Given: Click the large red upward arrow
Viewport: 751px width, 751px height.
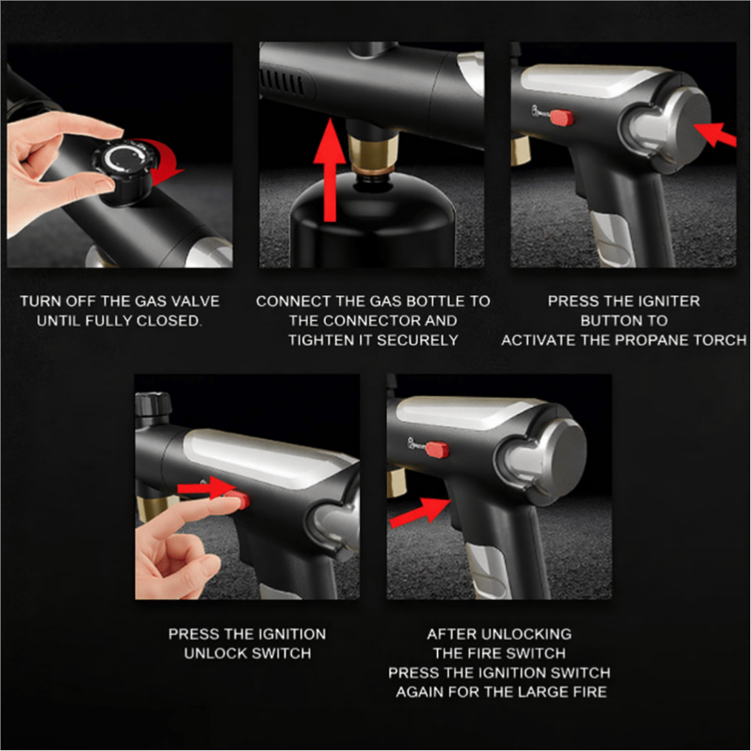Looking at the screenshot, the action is coord(329,170).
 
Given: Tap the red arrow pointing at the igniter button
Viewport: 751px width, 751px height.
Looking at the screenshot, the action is coord(715,134).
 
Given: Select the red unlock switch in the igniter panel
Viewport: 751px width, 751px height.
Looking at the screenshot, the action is coord(561,117).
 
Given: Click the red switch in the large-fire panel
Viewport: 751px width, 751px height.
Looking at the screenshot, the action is coord(437,450).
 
